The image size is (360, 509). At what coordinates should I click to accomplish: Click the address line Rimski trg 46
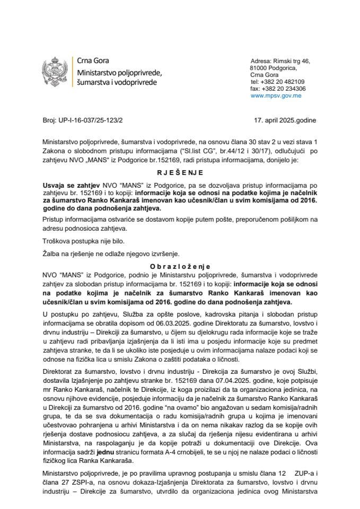tap(288, 61)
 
